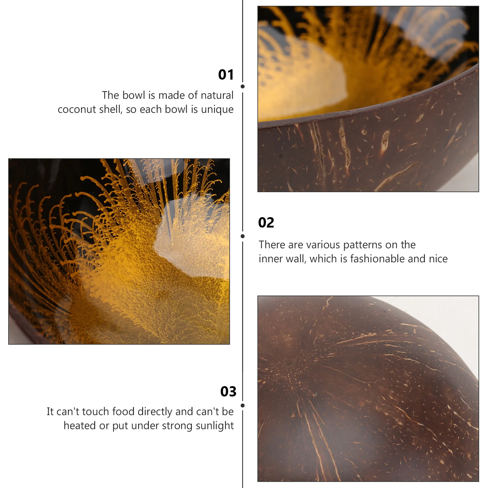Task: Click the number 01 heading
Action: coord(226,75)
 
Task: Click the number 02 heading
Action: coord(266,223)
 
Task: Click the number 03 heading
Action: coord(228,392)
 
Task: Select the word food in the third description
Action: coord(124,411)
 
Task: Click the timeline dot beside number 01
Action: coord(243,87)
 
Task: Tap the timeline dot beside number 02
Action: coord(243,236)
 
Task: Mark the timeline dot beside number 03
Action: coord(243,406)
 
